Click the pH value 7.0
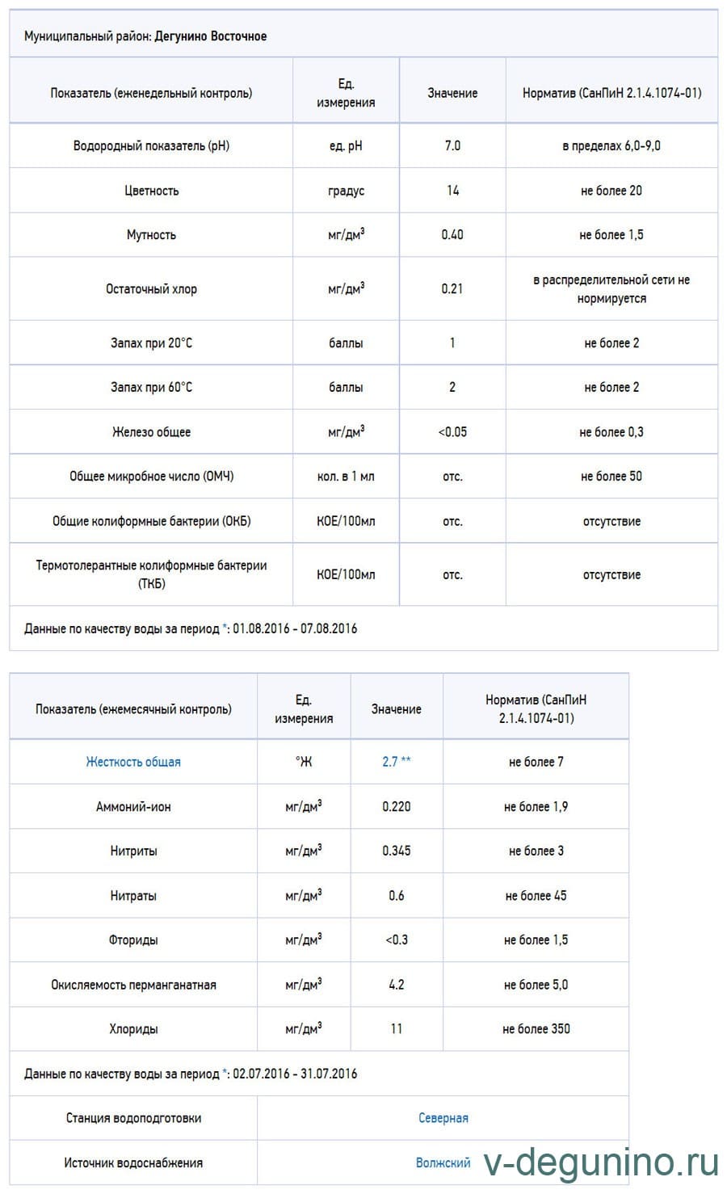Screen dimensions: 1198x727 click(452, 145)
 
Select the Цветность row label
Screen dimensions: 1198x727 click(151, 191)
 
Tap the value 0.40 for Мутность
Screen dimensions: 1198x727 click(452, 235)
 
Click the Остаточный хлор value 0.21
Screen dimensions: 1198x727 click(452, 288)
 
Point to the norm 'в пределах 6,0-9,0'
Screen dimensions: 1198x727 click(611, 145)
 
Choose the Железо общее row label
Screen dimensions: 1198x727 click(151, 432)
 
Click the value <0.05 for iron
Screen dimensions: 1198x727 click(452, 432)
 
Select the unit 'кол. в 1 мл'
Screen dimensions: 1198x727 click(346, 477)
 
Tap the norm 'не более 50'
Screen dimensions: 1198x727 click(611, 477)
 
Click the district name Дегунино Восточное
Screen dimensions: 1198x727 click(210, 36)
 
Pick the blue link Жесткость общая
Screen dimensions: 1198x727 click(133, 762)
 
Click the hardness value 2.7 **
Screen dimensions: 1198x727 click(397, 762)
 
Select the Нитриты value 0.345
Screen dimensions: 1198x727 click(397, 851)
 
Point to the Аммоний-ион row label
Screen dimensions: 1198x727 click(133, 806)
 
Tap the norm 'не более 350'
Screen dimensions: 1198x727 click(536, 1029)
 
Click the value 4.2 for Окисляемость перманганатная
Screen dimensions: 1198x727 click(397, 985)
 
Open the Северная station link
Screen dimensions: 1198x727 click(443, 1118)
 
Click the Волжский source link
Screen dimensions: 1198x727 click(443, 1163)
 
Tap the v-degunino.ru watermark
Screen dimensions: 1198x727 click(602, 1163)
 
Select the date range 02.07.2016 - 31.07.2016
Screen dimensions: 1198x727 click(295, 1074)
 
